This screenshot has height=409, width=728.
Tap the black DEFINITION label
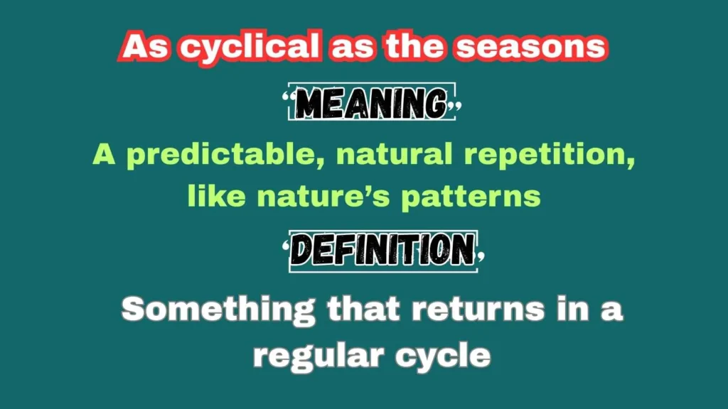[x=383, y=251]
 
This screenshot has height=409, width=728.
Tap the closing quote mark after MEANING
[x=457, y=107]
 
